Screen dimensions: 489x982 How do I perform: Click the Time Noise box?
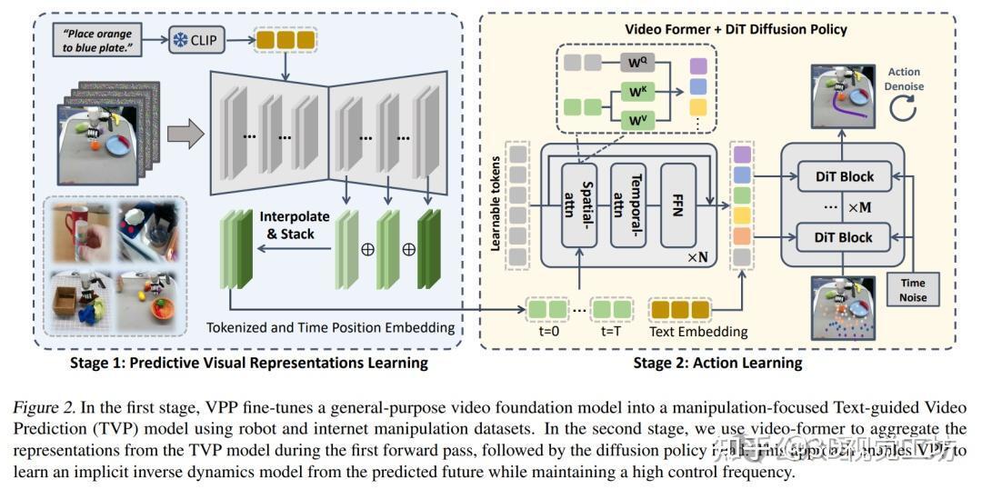point(913,290)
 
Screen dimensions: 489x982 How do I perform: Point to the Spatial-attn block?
point(579,205)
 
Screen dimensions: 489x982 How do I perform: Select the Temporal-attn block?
point(628,205)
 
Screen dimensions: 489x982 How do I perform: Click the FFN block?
point(676,205)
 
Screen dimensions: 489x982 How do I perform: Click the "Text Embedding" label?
point(698,332)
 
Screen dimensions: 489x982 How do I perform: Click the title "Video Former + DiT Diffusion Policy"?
point(735,29)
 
